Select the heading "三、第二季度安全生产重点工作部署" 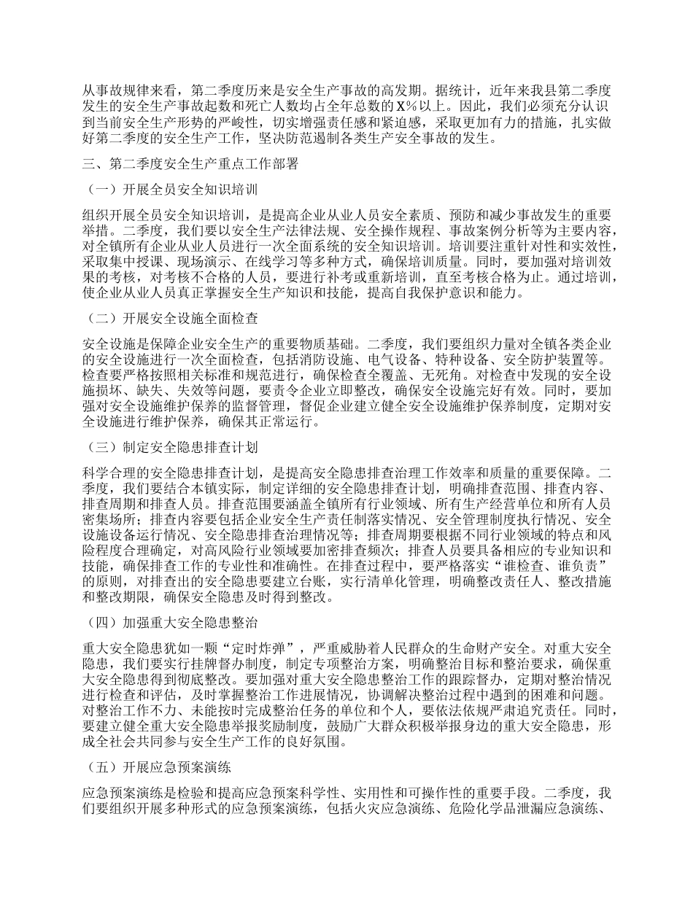pos(190,165)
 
